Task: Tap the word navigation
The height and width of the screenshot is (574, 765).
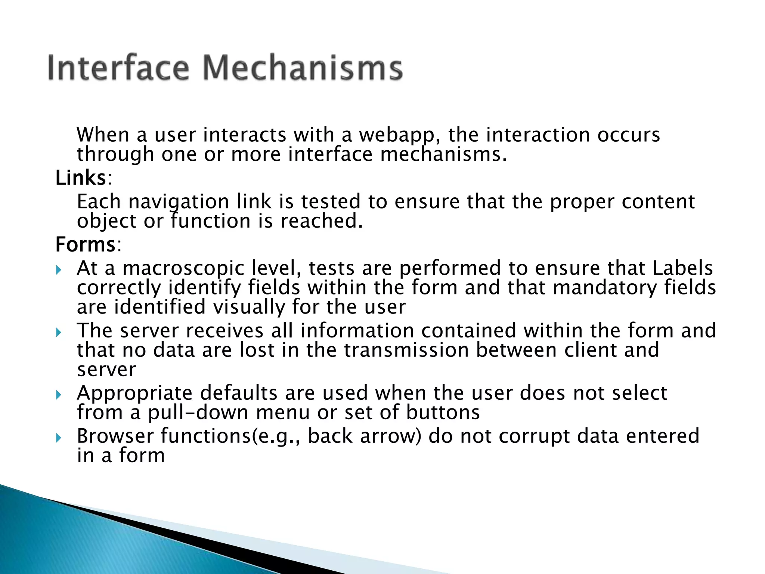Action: point(179,202)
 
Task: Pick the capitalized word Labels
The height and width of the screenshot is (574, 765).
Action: point(682,268)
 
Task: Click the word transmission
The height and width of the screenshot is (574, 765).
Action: point(406,350)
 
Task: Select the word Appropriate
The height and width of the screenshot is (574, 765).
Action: point(135,394)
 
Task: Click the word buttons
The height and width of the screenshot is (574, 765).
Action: point(443,413)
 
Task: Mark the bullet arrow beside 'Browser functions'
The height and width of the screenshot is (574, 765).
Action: point(58,438)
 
